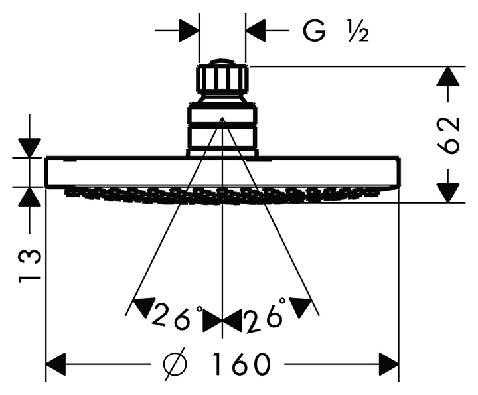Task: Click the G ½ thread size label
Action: click(335, 30)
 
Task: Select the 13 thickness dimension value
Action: click(29, 266)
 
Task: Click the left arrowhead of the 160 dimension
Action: click(56, 364)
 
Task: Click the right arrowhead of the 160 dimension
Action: click(388, 364)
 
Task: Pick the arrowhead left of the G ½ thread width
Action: click(189, 30)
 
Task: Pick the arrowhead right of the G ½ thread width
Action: click(256, 30)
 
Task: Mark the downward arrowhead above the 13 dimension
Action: click(30, 147)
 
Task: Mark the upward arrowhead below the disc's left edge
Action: click(30, 197)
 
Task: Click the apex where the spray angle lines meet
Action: click(222, 119)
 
